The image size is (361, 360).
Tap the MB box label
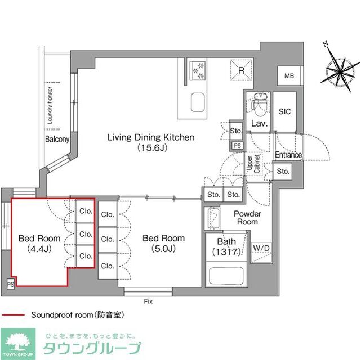[289, 76]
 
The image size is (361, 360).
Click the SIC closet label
[285, 111]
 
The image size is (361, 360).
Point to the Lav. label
[259, 123]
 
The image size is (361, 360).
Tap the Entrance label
[288, 155]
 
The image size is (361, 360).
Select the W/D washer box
[261, 247]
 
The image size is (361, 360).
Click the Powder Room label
[247, 218]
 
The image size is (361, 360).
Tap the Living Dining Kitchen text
[151, 137]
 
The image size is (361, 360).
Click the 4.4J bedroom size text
[38, 248]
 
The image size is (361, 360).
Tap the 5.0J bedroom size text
[163, 248]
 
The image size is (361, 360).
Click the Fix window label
[148, 301]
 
